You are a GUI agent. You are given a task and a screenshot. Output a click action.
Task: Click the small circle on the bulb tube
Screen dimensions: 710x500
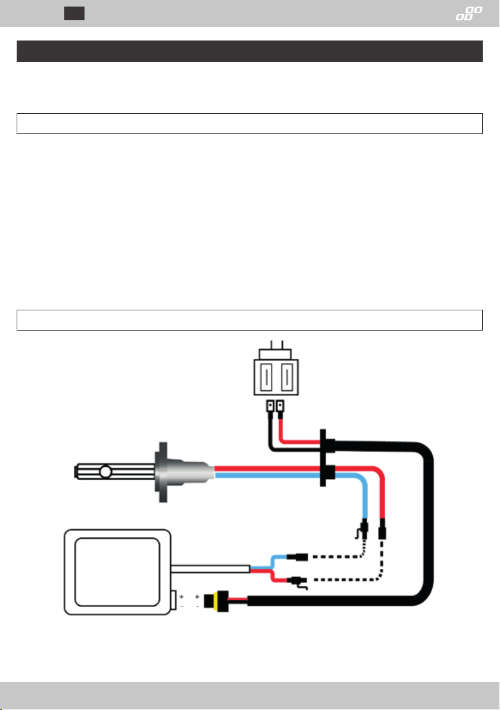106,473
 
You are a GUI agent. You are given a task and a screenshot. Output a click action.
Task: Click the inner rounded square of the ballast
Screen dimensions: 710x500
117,570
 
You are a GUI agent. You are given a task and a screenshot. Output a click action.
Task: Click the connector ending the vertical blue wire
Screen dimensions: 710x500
365,528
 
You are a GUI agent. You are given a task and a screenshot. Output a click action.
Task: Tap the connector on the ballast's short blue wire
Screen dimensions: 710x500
295,558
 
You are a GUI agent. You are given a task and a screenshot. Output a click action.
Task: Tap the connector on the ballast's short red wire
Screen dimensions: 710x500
295,580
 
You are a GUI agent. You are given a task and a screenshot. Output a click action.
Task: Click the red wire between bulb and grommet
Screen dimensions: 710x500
268,468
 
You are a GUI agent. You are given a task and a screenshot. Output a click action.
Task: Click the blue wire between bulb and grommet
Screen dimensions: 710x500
268,475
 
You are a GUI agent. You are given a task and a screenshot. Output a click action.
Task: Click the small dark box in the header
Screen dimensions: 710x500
74,13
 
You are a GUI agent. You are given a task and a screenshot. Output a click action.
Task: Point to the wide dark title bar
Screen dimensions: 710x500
249,51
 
